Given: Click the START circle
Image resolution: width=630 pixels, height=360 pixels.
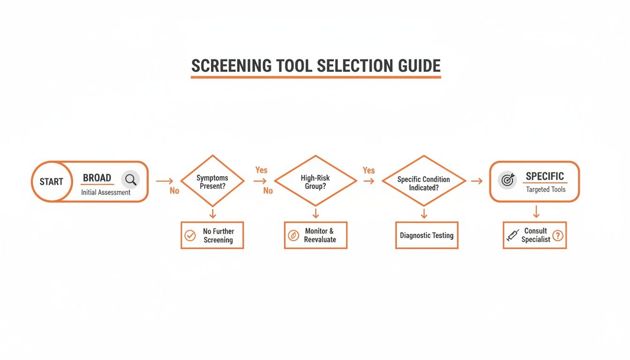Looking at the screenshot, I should click(51, 181).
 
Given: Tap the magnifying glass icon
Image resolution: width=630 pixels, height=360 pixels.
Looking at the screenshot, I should click(131, 180).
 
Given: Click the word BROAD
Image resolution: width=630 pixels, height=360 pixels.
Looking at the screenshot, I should click(97, 178).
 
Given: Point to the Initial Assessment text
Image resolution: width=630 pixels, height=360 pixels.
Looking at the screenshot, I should click(105, 192).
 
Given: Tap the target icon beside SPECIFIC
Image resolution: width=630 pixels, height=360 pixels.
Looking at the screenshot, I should click(507, 180).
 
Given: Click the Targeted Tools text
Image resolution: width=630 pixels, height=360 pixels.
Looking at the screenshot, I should click(546, 189).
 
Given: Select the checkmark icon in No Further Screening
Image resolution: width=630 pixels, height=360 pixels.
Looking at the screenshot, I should click(190, 235).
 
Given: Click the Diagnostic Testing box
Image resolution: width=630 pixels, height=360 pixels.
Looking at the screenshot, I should click(427, 235).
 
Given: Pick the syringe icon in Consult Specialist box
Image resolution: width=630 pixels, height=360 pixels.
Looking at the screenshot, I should click(513, 235).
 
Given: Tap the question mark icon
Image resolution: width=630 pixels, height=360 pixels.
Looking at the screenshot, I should click(557, 235).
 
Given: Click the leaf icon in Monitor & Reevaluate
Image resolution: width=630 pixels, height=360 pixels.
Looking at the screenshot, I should click(293, 235).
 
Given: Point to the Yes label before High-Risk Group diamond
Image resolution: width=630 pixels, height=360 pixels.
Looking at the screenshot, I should click(261, 170).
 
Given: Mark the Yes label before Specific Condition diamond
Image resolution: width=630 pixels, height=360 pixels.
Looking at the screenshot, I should click(369, 170).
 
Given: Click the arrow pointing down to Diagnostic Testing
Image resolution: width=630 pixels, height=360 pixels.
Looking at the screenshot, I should click(424, 214).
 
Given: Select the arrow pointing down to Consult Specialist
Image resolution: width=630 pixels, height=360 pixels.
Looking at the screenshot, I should click(536, 212).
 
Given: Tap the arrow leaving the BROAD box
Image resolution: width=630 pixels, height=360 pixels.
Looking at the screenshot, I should click(164, 181).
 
